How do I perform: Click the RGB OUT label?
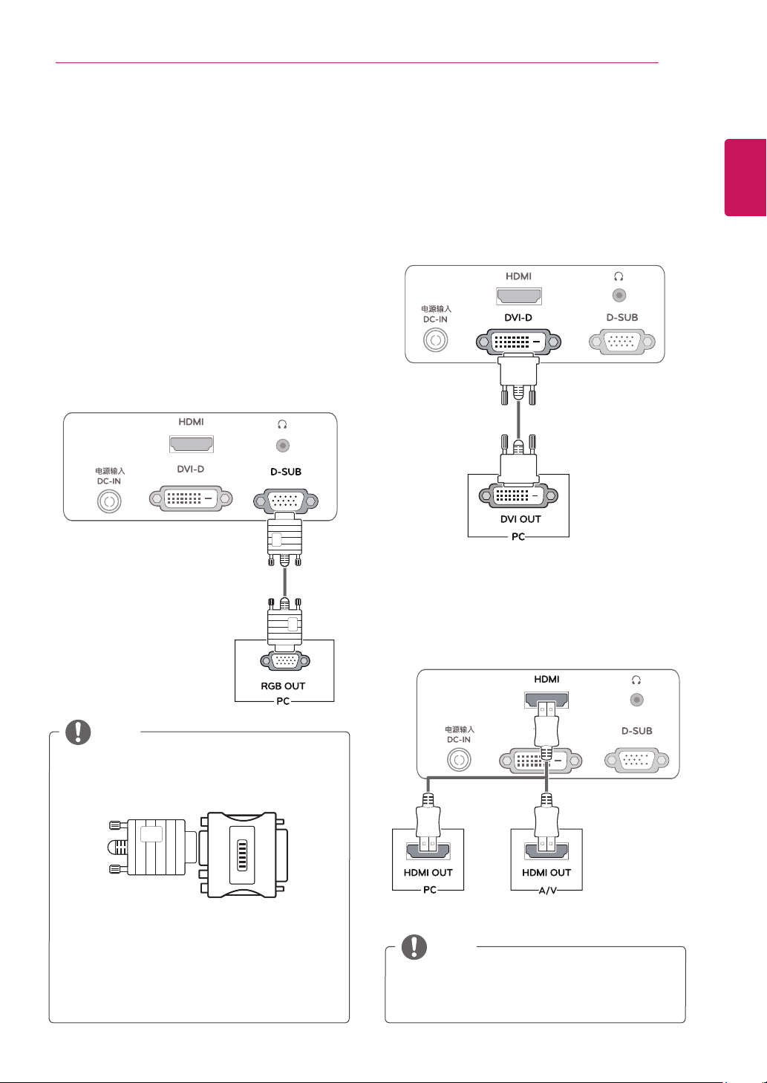click(x=283, y=686)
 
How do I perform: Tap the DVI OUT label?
click(x=520, y=518)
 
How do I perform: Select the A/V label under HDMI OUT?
click(x=547, y=890)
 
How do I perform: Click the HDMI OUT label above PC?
click(x=428, y=872)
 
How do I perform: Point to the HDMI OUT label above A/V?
click(x=546, y=872)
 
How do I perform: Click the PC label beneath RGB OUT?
click(x=283, y=701)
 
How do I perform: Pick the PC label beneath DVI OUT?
click(x=518, y=536)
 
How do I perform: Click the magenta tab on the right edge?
click(x=745, y=178)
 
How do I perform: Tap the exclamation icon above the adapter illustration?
click(x=78, y=732)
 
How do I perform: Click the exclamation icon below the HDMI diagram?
click(x=414, y=946)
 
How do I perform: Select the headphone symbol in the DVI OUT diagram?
click(x=619, y=276)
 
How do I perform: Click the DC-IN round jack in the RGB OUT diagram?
click(x=109, y=501)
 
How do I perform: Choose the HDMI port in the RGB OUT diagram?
click(x=192, y=444)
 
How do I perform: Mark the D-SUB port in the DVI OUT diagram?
click(x=622, y=342)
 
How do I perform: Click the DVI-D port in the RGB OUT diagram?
click(x=191, y=498)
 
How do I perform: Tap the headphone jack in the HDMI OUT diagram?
click(x=636, y=700)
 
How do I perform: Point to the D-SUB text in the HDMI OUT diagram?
click(x=636, y=730)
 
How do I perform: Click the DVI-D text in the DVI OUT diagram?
click(x=518, y=318)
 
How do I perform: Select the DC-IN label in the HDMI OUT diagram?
click(x=459, y=740)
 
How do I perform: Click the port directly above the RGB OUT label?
click(x=285, y=660)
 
